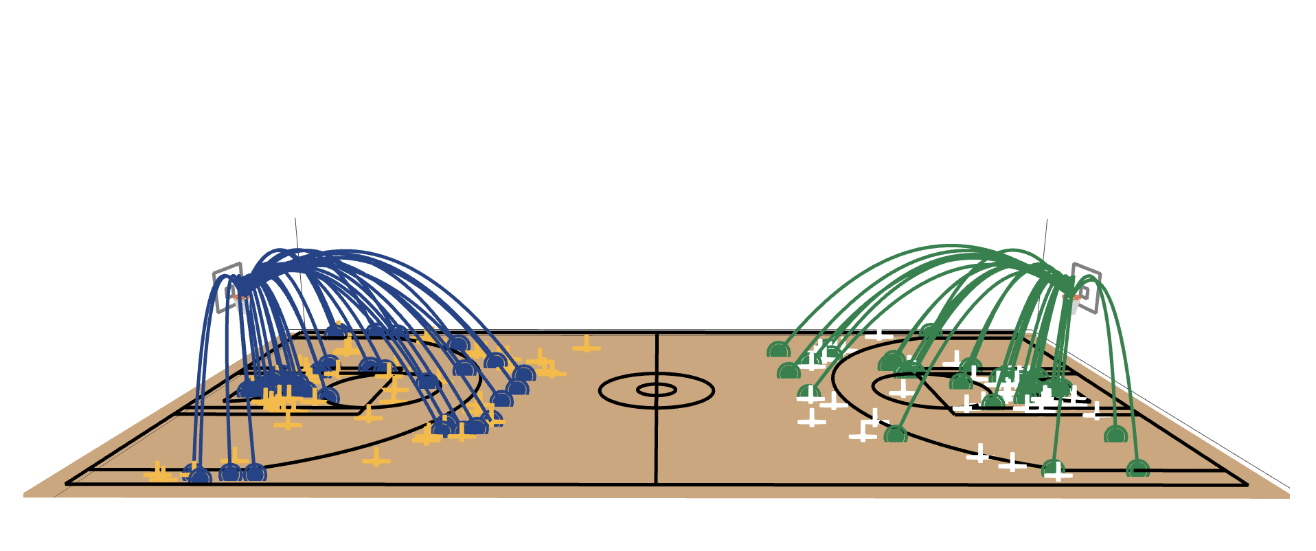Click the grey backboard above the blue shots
(227, 287)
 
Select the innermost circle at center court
(657, 390)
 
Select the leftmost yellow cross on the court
(159, 473)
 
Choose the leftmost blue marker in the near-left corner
(200, 475)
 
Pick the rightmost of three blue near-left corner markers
(255, 473)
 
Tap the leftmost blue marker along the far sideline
(336, 331)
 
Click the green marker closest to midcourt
(778, 350)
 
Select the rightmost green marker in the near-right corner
(1138, 469)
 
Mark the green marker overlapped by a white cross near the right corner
(1054, 469)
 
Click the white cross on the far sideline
(878, 334)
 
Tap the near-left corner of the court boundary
(67, 484)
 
